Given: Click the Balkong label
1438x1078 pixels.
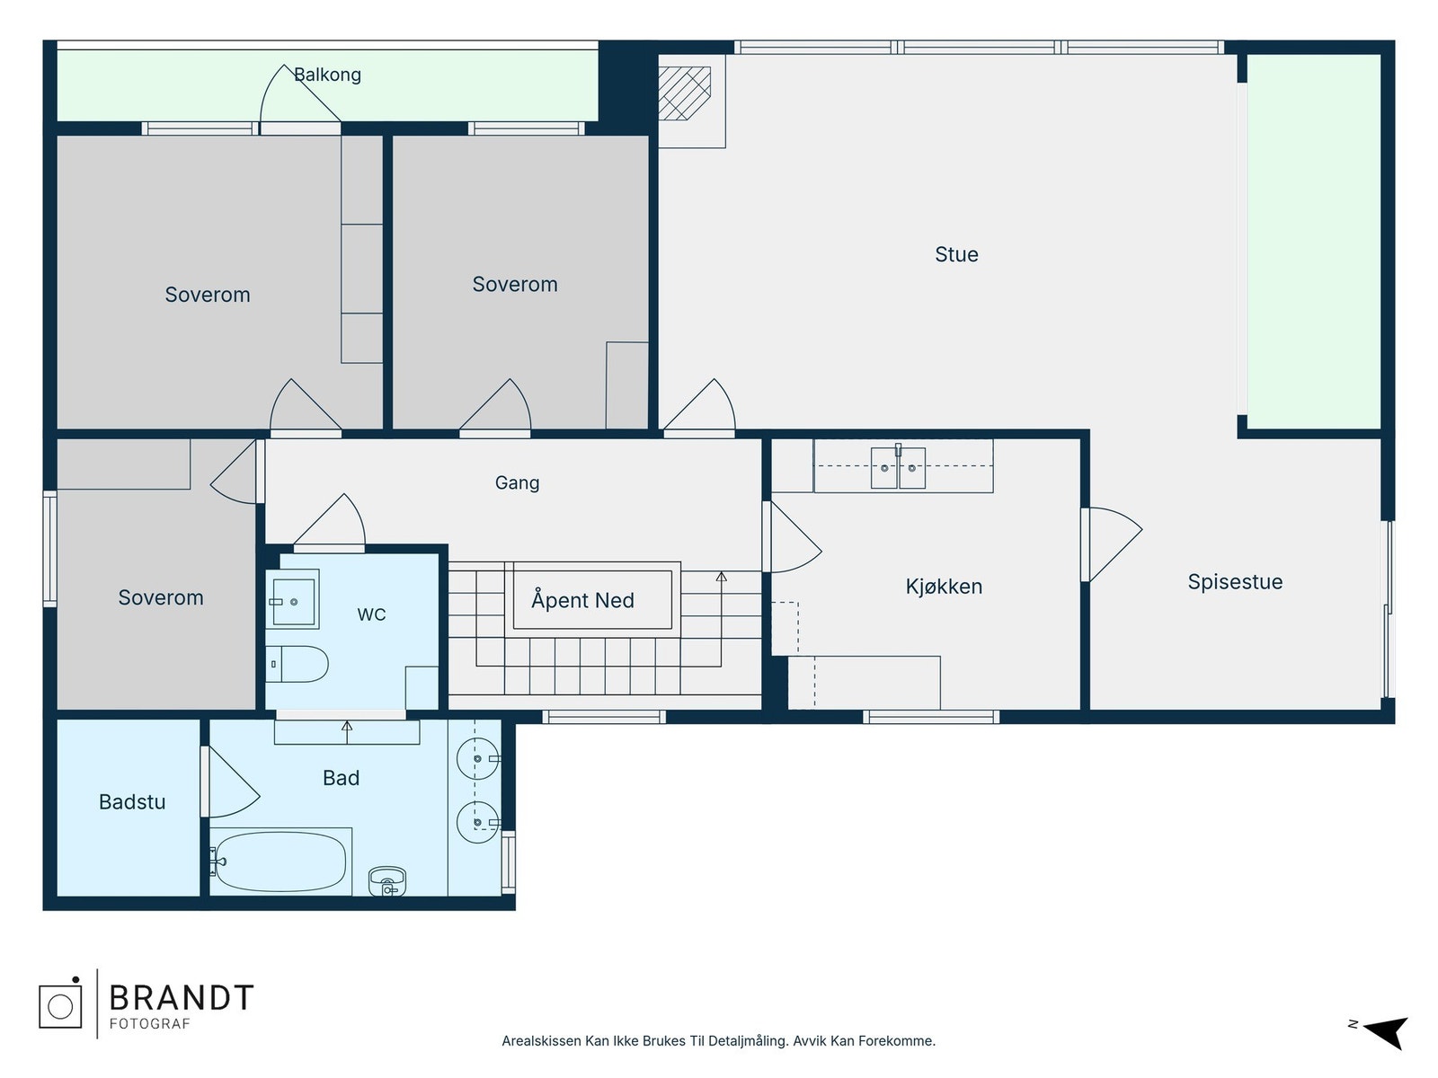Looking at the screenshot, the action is point(327,75).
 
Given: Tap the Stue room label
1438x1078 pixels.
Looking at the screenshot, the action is point(956,254).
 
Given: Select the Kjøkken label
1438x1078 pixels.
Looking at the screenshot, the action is point(944,586).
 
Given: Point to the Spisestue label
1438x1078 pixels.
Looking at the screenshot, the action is point(1235,581).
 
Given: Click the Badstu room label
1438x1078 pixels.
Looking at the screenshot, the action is point(132,802).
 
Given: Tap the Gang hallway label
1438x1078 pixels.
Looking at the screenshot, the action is point(517,483).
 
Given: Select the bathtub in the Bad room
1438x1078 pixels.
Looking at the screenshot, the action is point(280,862).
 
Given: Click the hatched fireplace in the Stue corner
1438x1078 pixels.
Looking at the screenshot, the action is point(684,93).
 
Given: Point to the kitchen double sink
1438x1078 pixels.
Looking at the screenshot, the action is point(898,467).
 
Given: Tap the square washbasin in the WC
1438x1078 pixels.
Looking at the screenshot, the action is point(293,602).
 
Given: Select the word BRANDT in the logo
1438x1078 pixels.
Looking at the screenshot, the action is point(182,997).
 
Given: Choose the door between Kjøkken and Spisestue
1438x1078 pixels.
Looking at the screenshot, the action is point(1112,544).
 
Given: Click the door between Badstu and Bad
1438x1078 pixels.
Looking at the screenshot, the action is point(231,782).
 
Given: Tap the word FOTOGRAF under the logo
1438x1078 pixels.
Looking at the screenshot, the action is point(149,1024).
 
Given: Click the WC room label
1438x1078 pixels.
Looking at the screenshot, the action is point(371,614).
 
